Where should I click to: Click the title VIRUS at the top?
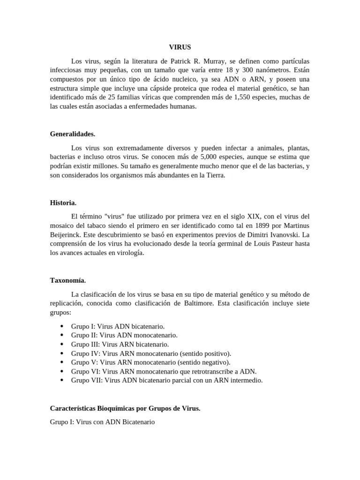tap(180, 47)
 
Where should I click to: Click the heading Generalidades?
tap(73, 134)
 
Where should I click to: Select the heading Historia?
tap(63, 203)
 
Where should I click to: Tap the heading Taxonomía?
tap(68, 280)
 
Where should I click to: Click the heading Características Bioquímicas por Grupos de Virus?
tap(125, 408)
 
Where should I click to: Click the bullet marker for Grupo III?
tap(62, 345)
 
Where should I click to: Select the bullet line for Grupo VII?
tap(167, 380)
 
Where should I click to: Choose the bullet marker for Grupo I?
tap(62, 326)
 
